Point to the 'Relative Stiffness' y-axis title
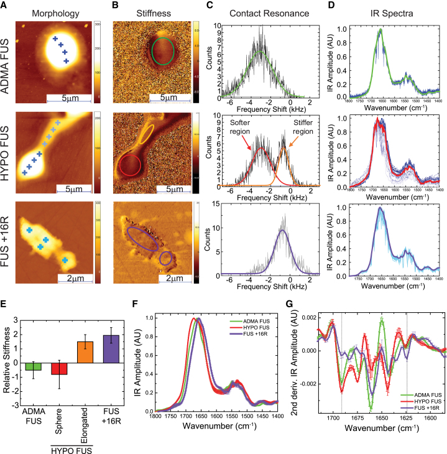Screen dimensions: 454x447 (6, 361)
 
